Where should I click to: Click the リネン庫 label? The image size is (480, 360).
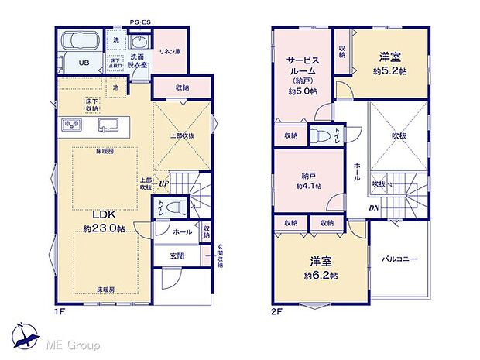point(170,51)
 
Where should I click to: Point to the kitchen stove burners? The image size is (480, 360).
point(68,125)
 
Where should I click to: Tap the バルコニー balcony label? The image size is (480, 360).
point(399,259)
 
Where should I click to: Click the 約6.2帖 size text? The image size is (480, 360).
point(320,276)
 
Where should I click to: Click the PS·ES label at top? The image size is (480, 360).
point(139,23)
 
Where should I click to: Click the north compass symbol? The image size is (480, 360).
point(26,334)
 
